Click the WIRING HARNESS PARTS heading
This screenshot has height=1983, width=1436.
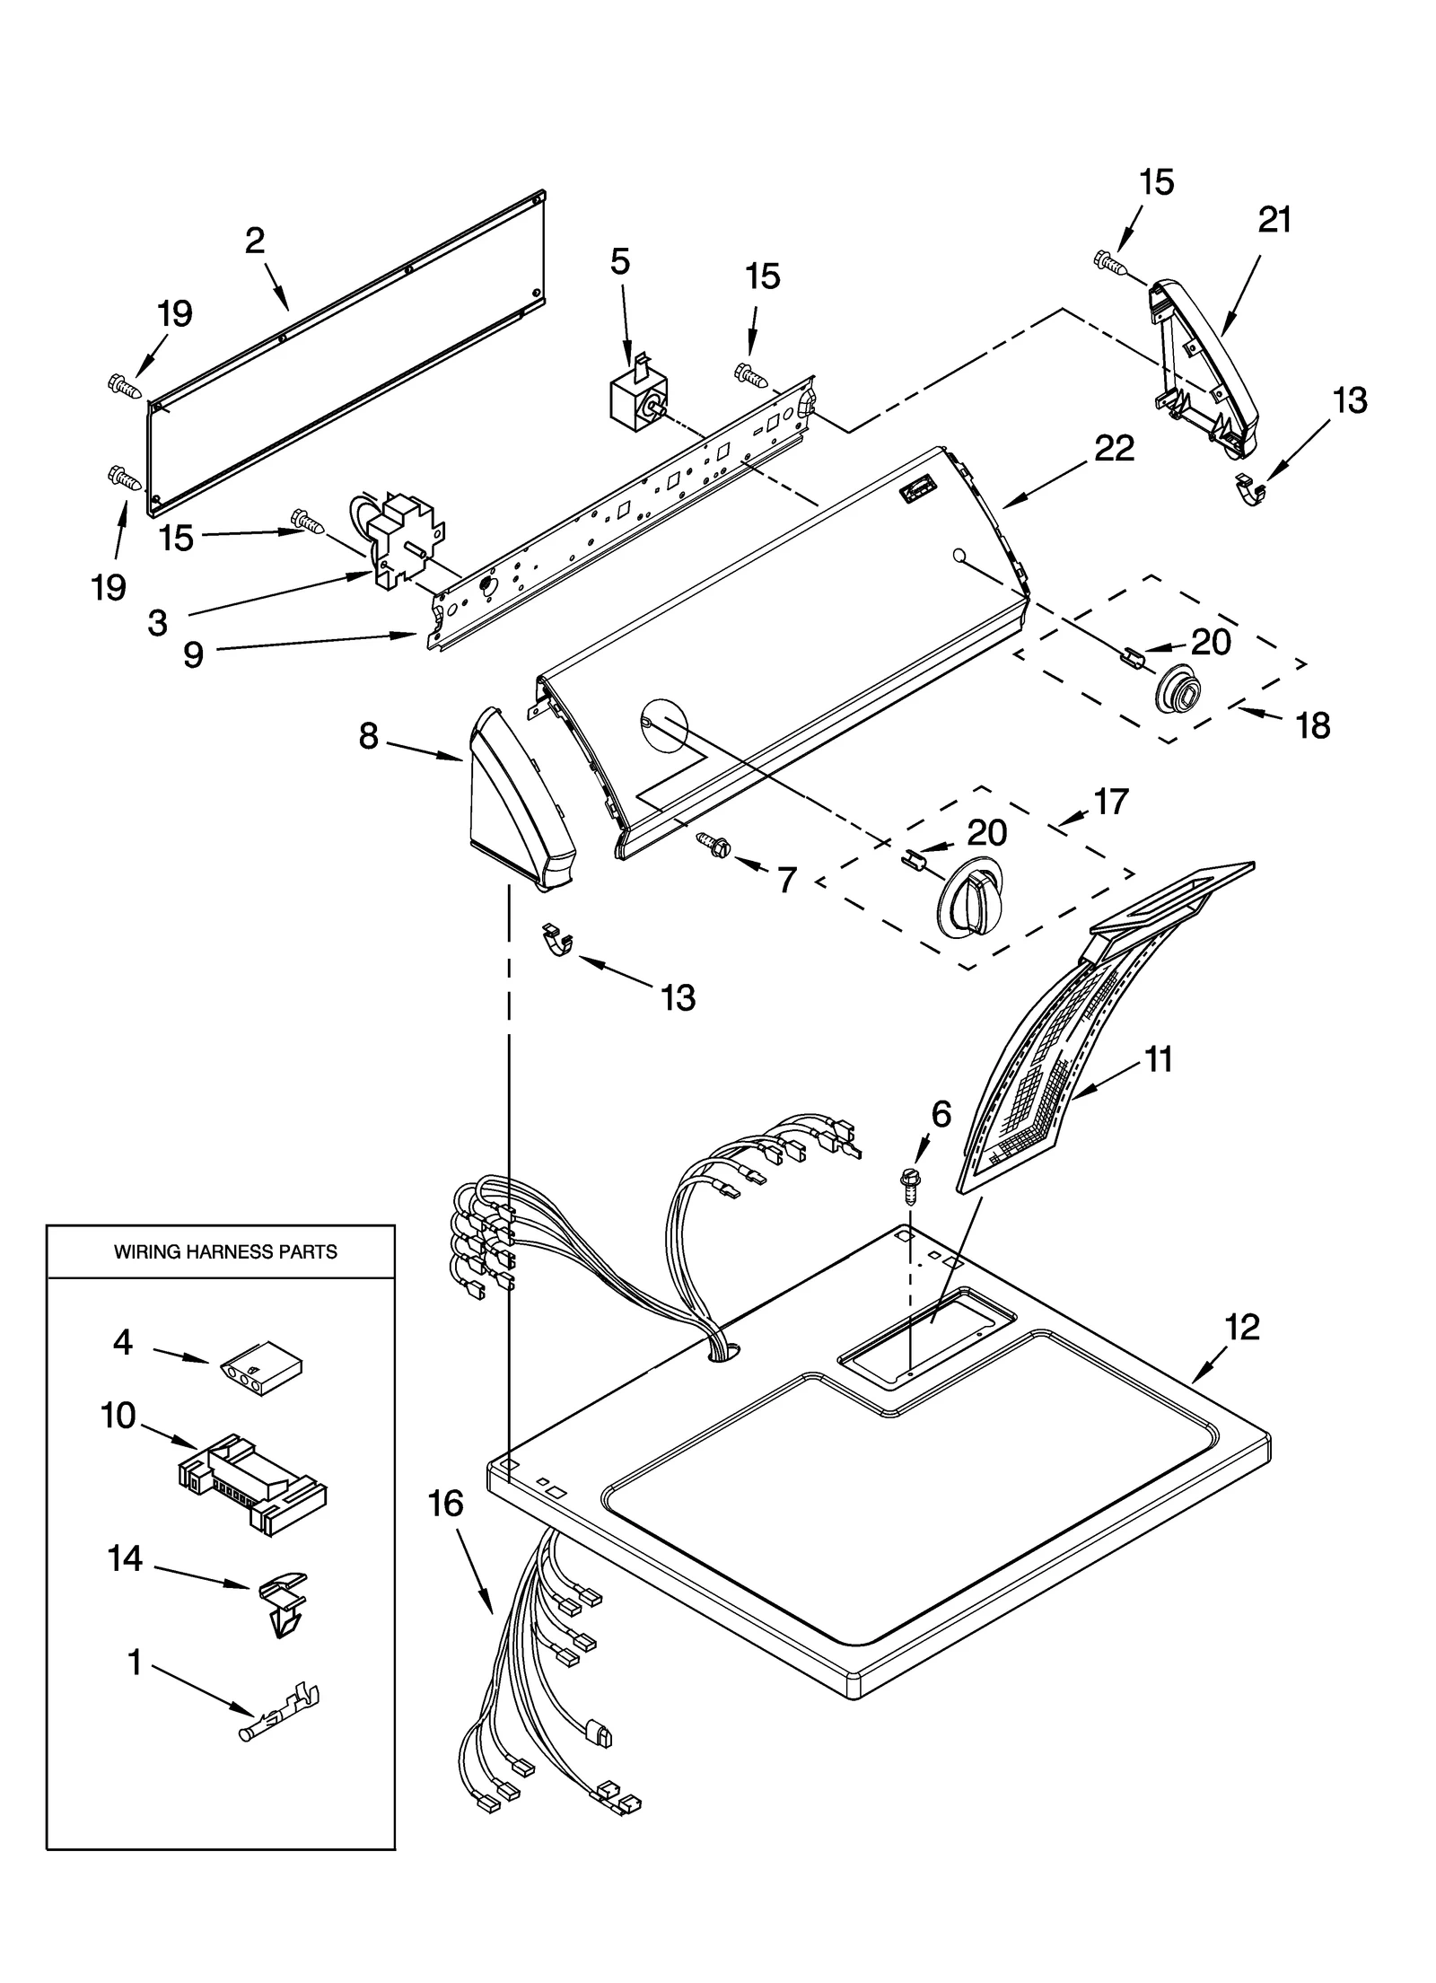225,1251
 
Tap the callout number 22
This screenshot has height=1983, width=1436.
1114,448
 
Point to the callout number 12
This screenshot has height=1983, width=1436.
1242,1326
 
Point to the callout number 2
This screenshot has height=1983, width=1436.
255,241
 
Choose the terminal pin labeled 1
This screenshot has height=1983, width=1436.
280,1716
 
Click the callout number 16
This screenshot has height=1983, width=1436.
446,1503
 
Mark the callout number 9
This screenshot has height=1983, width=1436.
193,655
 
